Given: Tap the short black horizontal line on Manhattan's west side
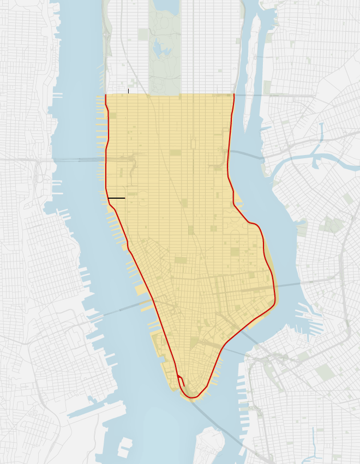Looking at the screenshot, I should click(116, 198).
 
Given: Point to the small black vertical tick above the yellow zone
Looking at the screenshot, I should click(128, 91).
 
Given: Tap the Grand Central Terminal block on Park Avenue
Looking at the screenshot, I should click(193, 144).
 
